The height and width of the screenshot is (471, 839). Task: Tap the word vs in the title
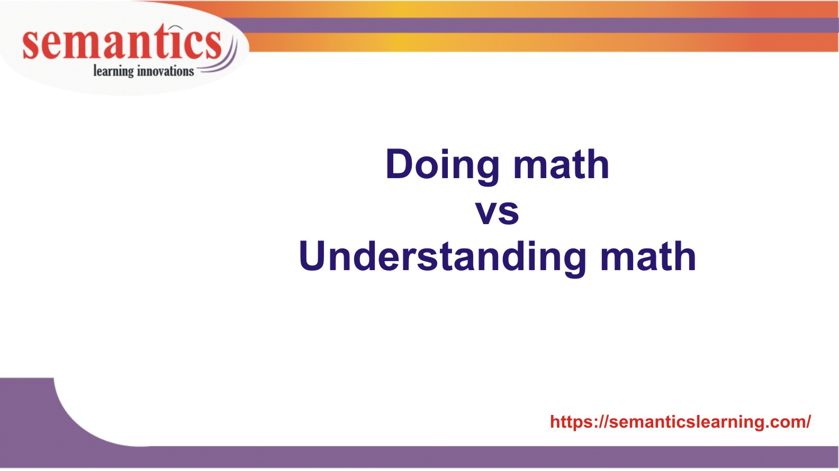click(x=497, y=211)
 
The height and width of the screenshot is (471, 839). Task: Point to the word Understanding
click(x=443, y=257)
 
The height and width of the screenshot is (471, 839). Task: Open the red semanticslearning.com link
click(x=680, y=422)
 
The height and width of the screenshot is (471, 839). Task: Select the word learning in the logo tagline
click(x=113, y=71)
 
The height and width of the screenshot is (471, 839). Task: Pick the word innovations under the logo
click(x=166, y=71)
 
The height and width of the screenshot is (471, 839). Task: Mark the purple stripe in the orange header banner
click(x=529, y=25)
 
